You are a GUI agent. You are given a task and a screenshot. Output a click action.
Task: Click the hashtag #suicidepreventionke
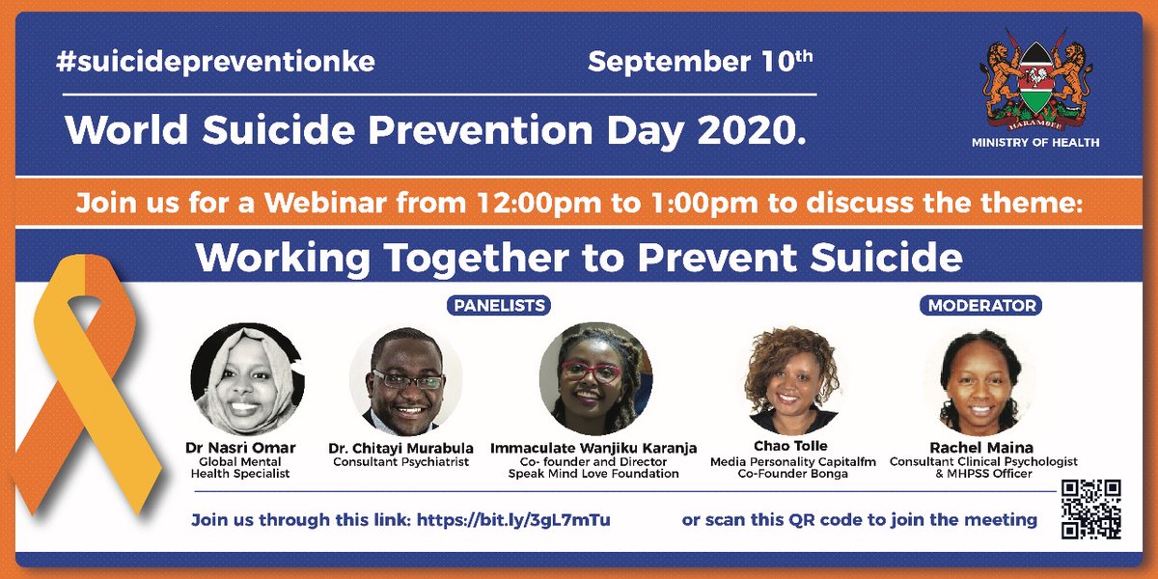pyautogui.click(x=215, y=63)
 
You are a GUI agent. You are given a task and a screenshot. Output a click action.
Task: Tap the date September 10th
pyautogui.click(x=701, y=63)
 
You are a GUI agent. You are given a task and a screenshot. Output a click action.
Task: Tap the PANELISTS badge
pyautogui.click(x=498, y=306)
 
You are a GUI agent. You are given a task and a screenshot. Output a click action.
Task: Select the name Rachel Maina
pyautogui.click(x=982, y=448)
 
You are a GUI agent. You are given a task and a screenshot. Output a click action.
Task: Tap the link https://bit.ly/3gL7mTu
pyautogui.click(x=513, y=520)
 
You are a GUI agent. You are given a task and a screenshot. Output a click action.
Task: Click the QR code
pyautogui.click(x=1090, y=509)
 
